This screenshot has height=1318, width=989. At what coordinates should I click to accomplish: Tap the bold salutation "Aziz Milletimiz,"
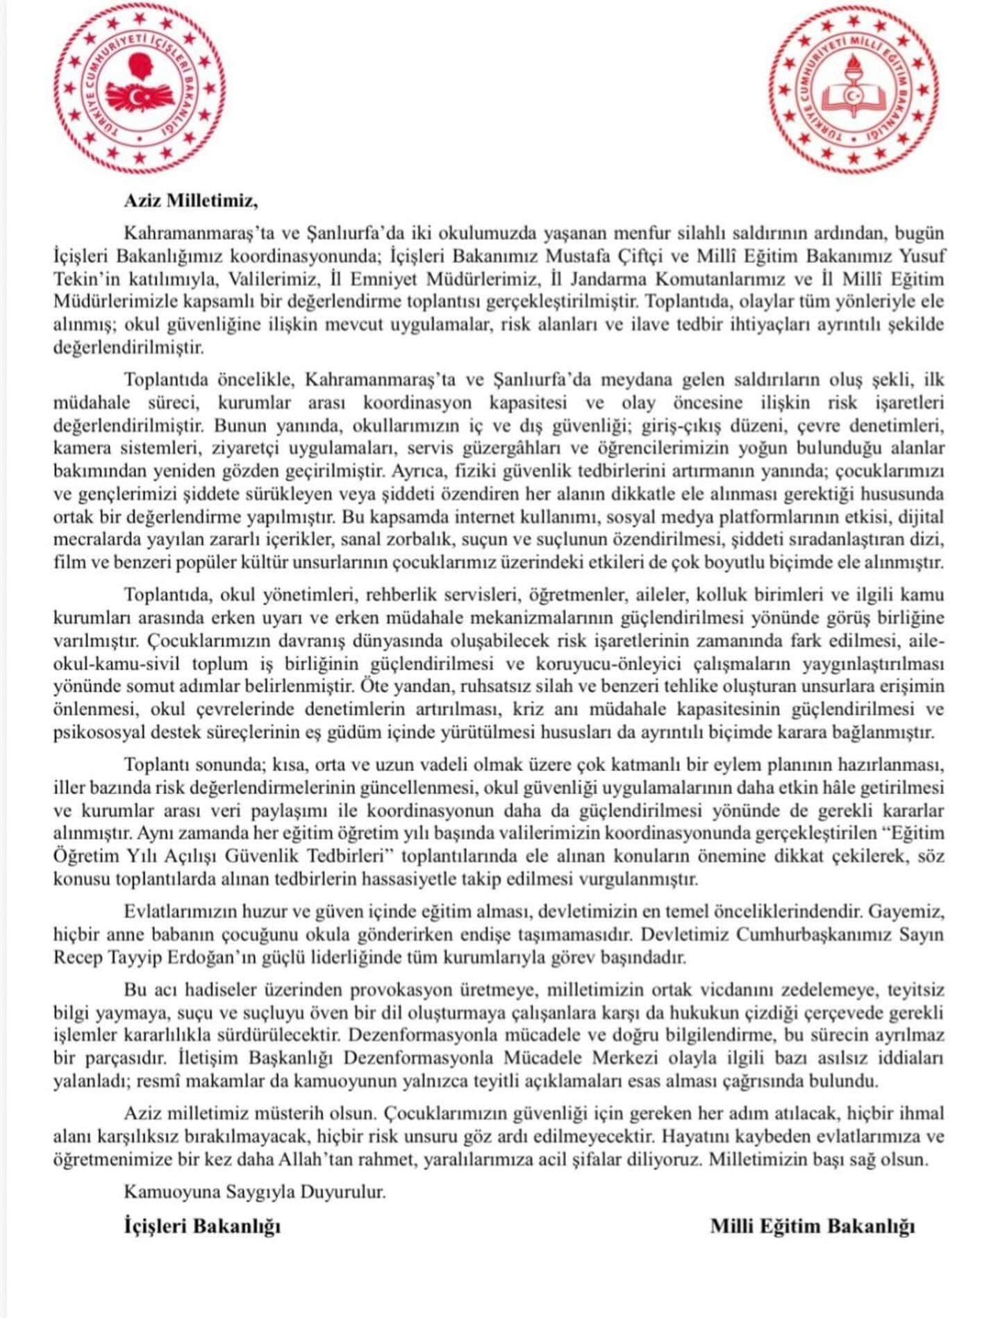(190, 201)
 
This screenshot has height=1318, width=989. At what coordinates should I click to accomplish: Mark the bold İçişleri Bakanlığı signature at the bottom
(202, 1226)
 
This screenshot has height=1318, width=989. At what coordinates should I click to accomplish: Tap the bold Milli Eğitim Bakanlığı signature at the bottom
(812, 1226)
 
